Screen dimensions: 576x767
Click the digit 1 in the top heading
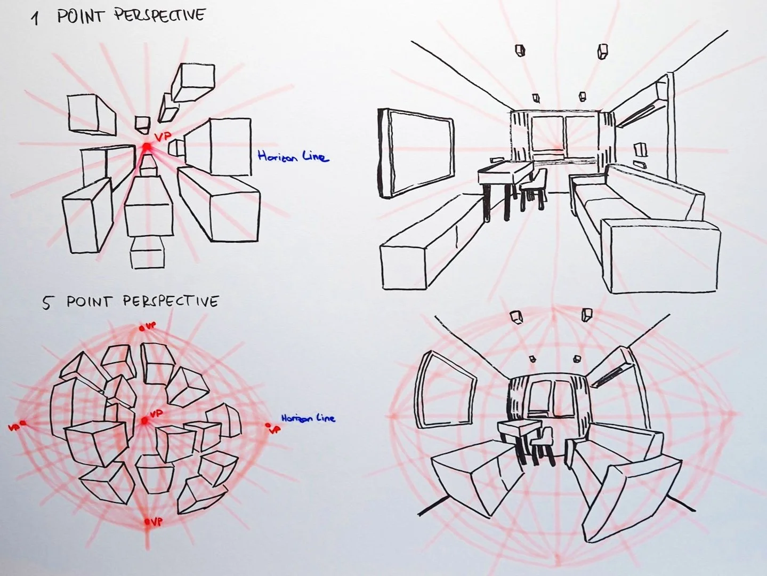(x=35, y=19)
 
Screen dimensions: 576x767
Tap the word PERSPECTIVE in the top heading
(x=159, y=15)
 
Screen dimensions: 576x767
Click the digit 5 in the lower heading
(x=47, y=303)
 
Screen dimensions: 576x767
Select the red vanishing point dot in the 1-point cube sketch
(x=147, y=146)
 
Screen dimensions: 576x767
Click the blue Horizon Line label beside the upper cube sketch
(x=293, y=156)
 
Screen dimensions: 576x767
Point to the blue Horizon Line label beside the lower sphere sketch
(x=308, y=418)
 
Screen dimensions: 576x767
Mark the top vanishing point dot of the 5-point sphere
(x=142, y=328)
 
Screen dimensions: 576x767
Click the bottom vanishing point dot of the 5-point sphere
(x=148, y=522)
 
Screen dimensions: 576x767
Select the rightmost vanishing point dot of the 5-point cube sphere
(x=268, y=425)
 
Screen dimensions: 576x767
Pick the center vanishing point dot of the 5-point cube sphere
(x=144, y=421)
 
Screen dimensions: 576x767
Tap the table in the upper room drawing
(x=505, y=173)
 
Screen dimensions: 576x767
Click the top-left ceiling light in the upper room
(x=520, y=50)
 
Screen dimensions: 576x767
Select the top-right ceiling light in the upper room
(x=603, y=51)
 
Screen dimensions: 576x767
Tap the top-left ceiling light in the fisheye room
(x=515, y=317)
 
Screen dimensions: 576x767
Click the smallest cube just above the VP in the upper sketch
(x=142, y=124)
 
